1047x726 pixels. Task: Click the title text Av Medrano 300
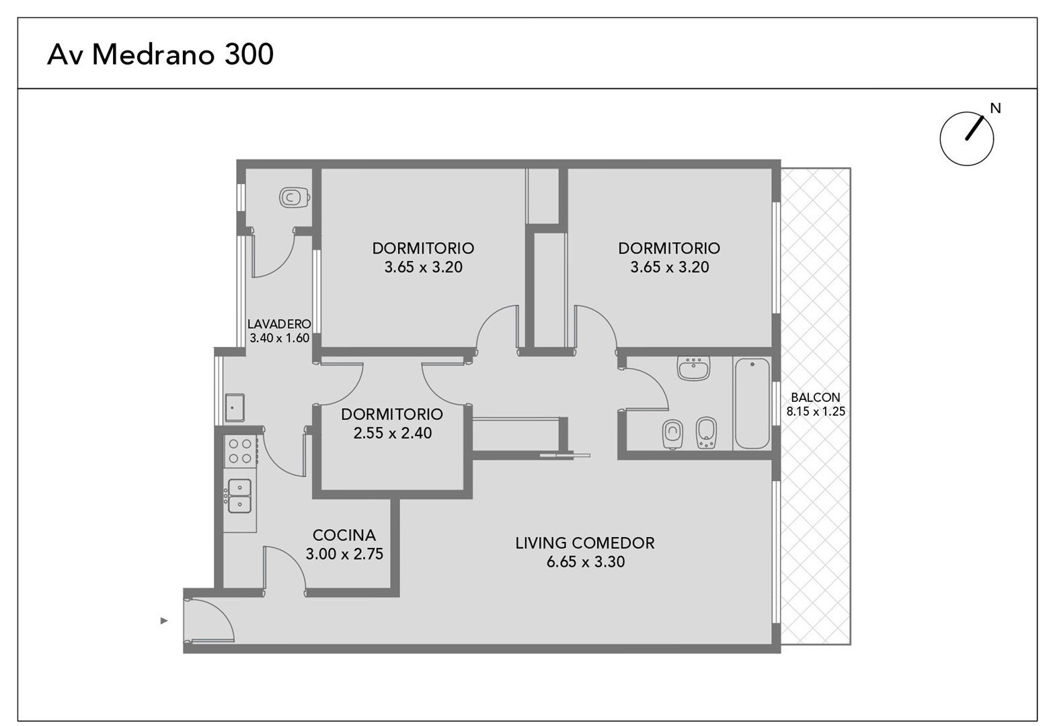[x=160, y=54]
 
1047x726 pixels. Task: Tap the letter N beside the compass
[x=995, y=108]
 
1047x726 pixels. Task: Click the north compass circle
[x=966, y=138]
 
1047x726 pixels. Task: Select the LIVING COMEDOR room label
[x=585, y=543]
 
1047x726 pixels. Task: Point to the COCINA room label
[x=344, y=535]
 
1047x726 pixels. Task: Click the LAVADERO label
[x=279, y=324]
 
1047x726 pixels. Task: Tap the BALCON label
[x=816, y=397]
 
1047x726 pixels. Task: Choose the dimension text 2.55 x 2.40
[x=392, y=433]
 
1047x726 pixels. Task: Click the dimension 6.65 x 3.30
[x=585, y=561]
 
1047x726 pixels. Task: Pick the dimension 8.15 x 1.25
[x=816, y=411]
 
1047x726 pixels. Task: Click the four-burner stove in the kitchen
[x=240, y=451]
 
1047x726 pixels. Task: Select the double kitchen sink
[x=239, y=495]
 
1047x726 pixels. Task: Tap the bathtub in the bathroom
[x=752, y=403]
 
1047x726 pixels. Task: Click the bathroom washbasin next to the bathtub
[x=694, y=368]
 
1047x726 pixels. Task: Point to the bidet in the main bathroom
[x=706, y=433]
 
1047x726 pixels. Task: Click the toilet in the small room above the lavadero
[x=294, y=198]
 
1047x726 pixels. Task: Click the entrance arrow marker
[x=163, y=621]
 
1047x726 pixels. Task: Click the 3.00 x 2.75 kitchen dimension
[x=344, y=554]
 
